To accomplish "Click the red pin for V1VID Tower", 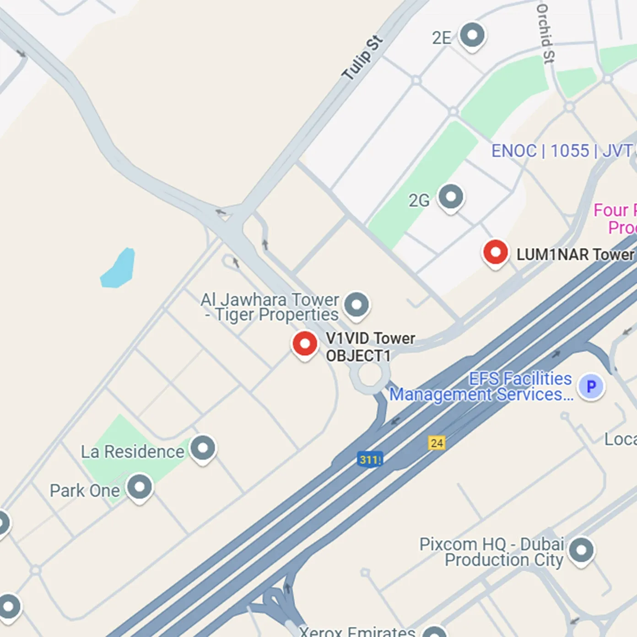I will [304, 344].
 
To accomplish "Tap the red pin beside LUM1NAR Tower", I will [495, 253].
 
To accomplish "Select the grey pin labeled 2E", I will [472, 35].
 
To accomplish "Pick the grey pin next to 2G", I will [451, 197].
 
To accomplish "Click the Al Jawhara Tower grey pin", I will [356, 305].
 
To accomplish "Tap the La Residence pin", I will [203, 448].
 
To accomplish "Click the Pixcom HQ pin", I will [581, 550].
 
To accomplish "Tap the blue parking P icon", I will [591, 387].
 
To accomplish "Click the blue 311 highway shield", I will [370, 459].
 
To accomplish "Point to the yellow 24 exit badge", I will [437, 443].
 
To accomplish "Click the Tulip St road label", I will [362, 58].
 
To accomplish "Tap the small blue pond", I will [118, 269].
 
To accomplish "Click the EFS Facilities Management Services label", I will [480, 387].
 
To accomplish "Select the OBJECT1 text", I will [358, 356].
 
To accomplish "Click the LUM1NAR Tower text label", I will [575, 254].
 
